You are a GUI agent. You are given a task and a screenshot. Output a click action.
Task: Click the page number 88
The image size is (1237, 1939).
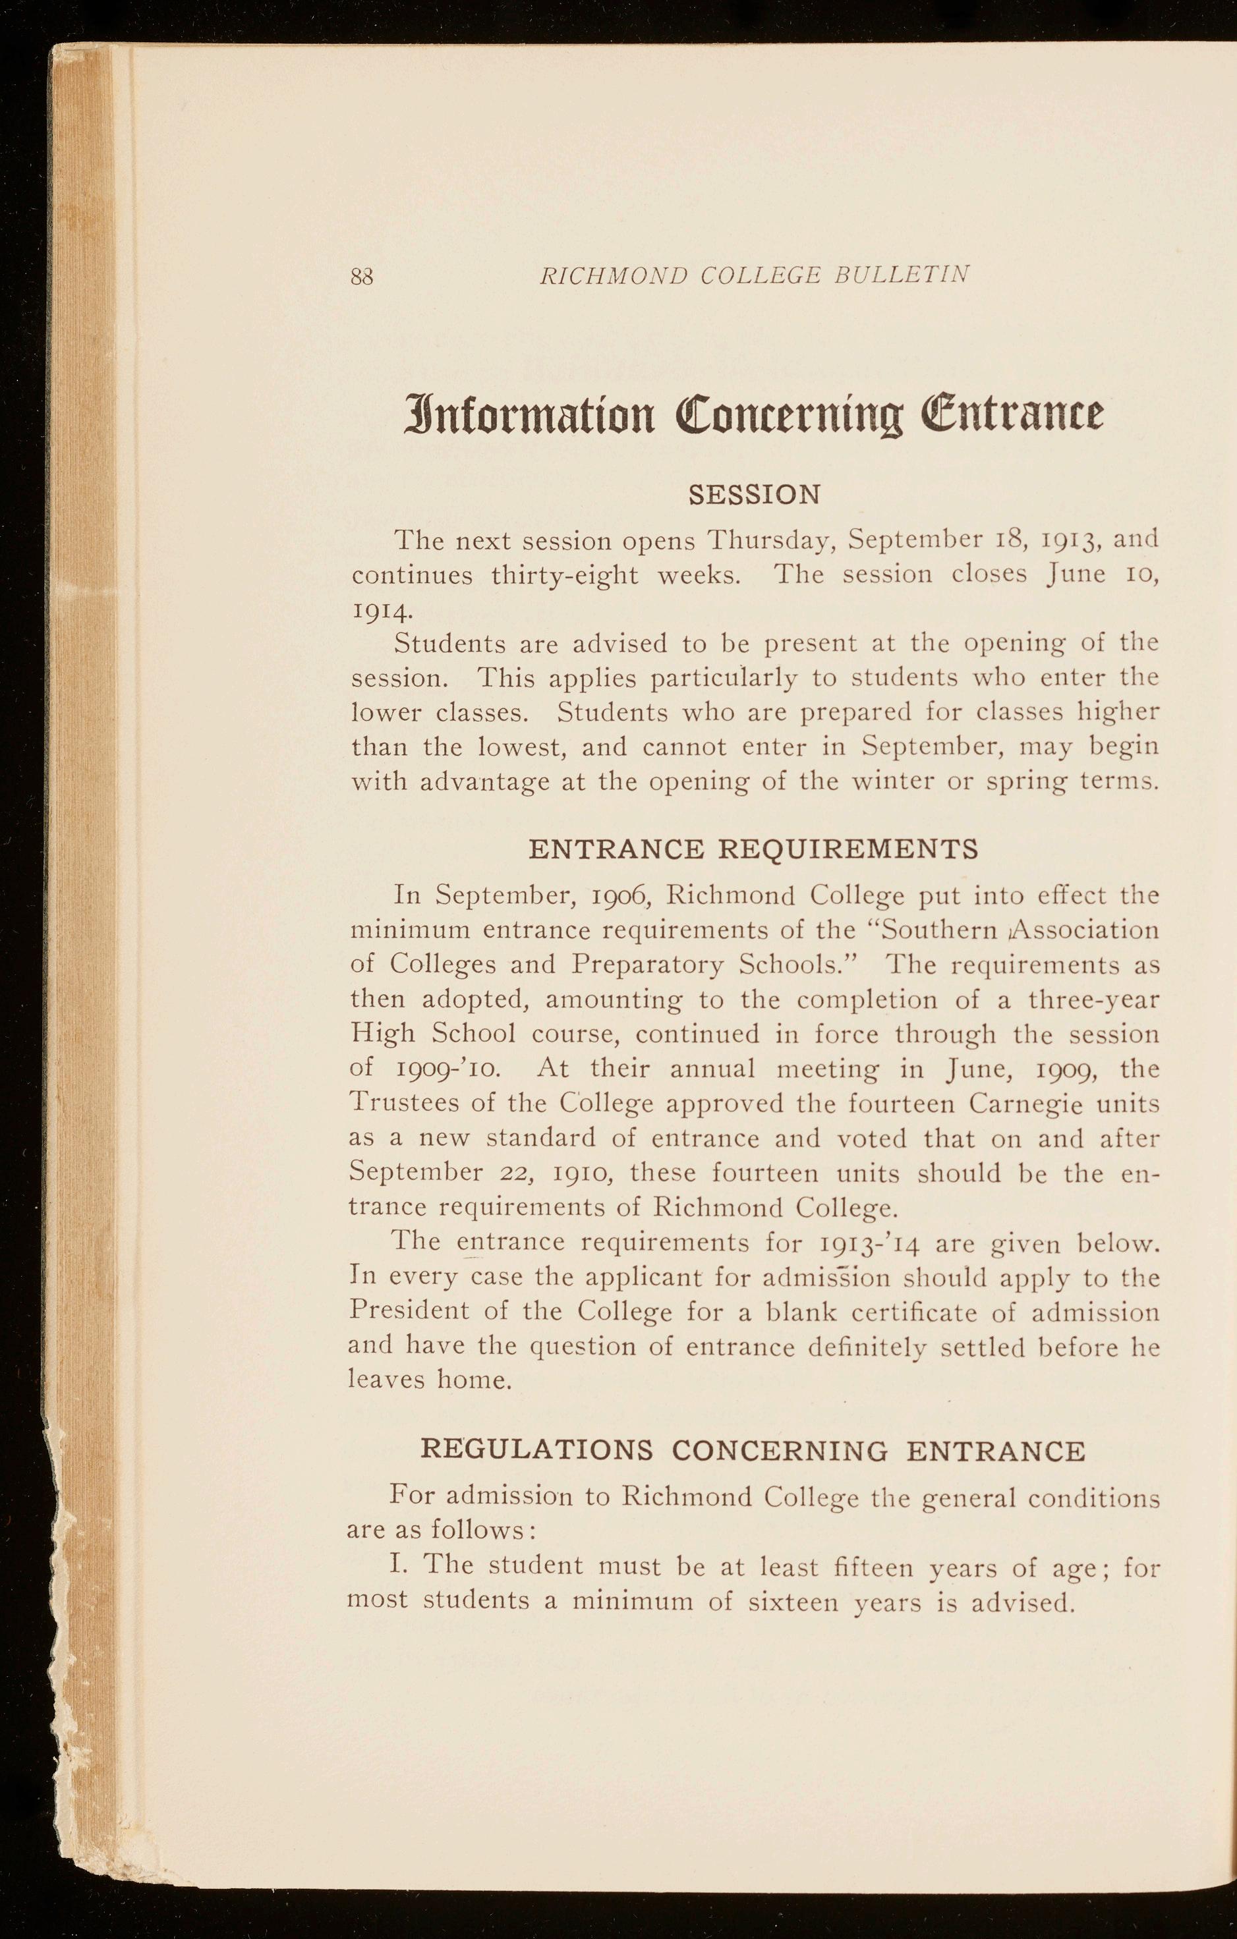click(362, 277)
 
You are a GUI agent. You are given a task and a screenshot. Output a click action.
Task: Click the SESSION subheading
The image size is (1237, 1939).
click(755, 493)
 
